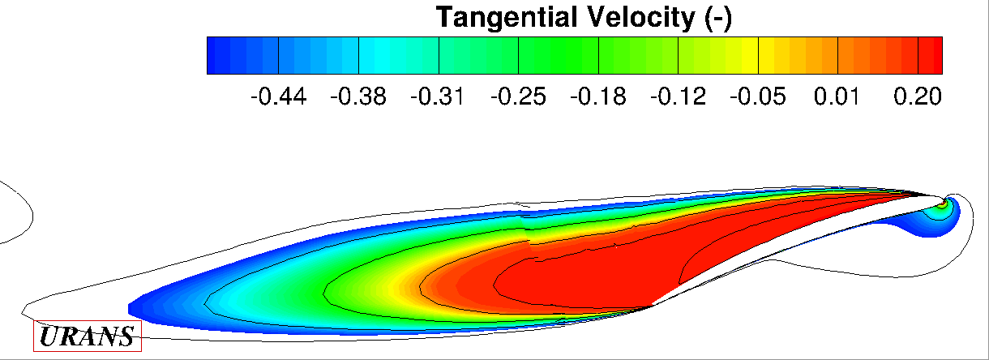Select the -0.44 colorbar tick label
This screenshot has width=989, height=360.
(x=279, y=96)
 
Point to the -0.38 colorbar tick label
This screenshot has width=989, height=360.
(x=358, y=96)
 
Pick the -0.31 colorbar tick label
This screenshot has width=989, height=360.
(x=438, y=96)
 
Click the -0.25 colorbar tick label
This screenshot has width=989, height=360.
(x=518, y=96)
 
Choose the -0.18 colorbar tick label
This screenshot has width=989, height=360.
(x=598, y=96)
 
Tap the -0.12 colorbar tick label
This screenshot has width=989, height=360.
(x=678, y=96)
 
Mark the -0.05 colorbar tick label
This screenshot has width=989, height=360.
(x=757, y=96)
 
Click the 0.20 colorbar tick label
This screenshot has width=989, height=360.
(x=918, y=96)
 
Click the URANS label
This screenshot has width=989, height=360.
(x=88, y=336)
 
